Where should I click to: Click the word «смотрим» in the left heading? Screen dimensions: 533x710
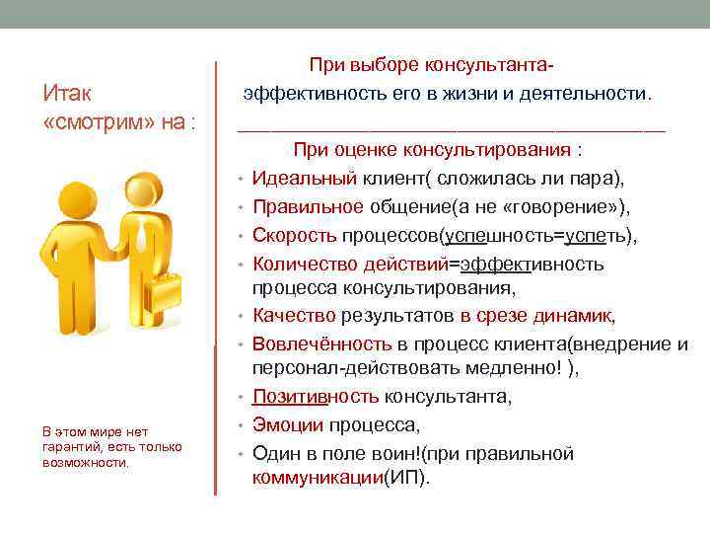pyautogui.click(x=107, y=124)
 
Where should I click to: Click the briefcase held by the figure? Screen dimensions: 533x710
pyautogui.click(x=162, y=287)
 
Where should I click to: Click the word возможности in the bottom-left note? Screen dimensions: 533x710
pyautogui.click(x=85, y=461)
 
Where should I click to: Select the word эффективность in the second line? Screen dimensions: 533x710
pyautogui.click(x=306, y=95)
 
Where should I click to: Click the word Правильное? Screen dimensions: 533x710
pyautogui.click(x=308, y=207)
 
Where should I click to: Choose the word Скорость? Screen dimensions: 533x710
pyautogui.click(x=295, y=235)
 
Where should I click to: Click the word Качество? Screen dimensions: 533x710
pyautogui.click(x=294, y=316)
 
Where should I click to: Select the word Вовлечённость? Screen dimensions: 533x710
pyautogui.click(x=322, y=344)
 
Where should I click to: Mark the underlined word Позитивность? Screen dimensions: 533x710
pyautogui.click(x=316, y=398)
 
